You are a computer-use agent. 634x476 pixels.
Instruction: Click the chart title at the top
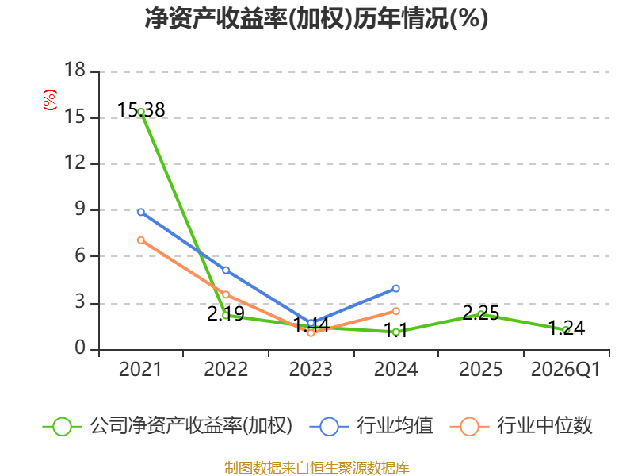click(316, 18)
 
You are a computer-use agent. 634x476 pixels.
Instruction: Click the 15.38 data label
click(141, 110)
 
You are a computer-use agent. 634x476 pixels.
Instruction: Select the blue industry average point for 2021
click(141, 212)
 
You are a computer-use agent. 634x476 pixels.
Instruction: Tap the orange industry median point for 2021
click(141, 240)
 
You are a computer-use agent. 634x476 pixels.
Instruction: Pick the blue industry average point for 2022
click(226, 270)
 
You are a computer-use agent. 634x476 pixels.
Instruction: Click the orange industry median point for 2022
click(226, 294)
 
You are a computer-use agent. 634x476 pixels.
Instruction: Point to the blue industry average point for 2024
click(395, 289)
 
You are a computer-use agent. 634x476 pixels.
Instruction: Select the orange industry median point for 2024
click(395, 311)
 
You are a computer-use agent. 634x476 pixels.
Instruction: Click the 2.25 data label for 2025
click(481, 313)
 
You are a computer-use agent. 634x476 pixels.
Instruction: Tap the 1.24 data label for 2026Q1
click(567, 328)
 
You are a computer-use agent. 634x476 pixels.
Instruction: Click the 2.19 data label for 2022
click(226, 314)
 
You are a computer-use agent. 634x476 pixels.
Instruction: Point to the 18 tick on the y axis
click(74, 70)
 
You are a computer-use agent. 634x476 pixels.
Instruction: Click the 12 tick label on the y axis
click(74, 163)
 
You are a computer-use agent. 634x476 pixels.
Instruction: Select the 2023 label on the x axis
click(311, 370)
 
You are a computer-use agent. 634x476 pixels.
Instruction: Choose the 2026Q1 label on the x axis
click(566, 370)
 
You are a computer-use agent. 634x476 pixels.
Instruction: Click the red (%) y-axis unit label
click(50, 100)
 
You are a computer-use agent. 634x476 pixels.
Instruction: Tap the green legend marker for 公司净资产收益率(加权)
click(63, 427)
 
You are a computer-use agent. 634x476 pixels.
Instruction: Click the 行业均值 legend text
click(395, 426)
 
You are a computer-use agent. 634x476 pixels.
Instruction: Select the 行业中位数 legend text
click(544, 426)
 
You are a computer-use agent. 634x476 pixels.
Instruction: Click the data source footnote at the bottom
click(317, 468)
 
